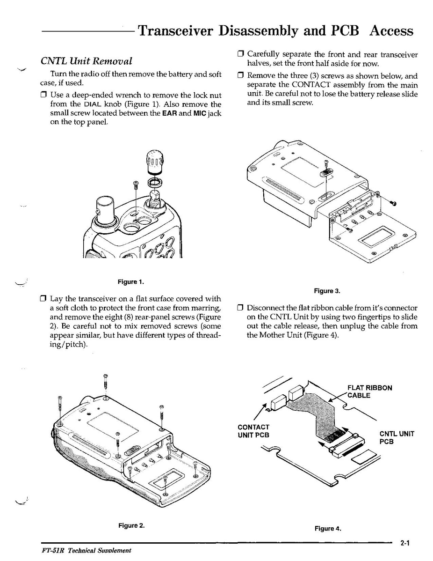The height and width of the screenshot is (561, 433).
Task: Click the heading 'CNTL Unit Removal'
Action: pyautogui.click(x=86, y=61)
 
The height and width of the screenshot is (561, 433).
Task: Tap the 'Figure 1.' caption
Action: pyautogui.click(x=130, y=281)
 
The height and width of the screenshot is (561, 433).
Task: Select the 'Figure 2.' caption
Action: pyautogui.click(x=131, y=525)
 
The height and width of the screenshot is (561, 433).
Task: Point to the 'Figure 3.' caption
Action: pyautogui.click(x=327, y=291)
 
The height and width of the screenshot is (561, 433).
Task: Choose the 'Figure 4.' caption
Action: pyautogui.click(x=327, y=529)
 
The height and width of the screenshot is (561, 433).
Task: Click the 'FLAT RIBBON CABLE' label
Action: pyautogui.click(x=369, y=391)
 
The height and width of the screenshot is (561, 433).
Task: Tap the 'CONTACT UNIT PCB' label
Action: pyautogui.click(x=253, y=431)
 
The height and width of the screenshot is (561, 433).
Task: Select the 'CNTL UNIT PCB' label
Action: pyautogui.click(x=397, y=437)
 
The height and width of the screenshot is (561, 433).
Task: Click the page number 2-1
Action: pyautogui.click(x=404, y=544)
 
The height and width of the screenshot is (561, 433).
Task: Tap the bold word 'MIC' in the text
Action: pyautogui.click(x=200, y=113)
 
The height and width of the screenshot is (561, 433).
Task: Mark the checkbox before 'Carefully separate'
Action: pyautogui.click(x=241, y=55)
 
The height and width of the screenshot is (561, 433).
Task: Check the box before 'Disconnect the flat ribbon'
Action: pyautogui.click(x=241, y=308)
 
